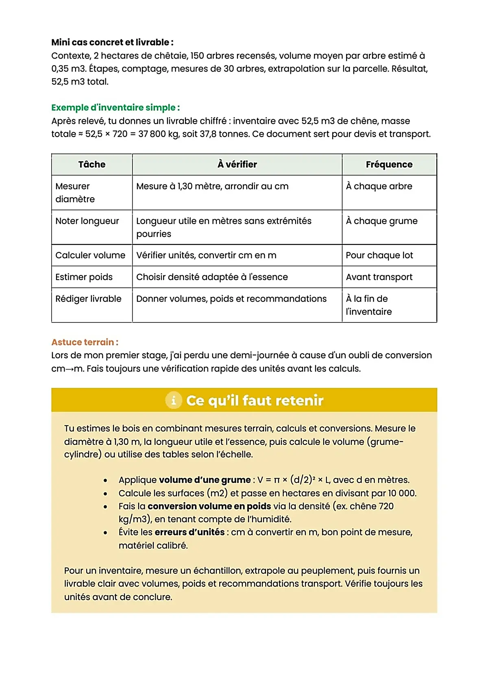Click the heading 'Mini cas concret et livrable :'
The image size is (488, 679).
(112, 42)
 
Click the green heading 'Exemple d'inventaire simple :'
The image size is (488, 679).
(115, 108)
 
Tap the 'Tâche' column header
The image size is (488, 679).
(92, 164)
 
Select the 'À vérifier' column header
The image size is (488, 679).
(237, 164)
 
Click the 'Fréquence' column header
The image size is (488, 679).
(389, 164)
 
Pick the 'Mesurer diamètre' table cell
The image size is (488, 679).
(75, 193)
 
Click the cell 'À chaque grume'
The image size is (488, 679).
(381, 221)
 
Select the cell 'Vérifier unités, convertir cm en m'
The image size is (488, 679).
(206, 255)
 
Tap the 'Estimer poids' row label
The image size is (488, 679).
(84, 277)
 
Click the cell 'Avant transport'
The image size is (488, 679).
(379, 277)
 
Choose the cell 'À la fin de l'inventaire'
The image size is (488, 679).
(368, 305)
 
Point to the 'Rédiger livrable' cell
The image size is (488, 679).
(88, 299)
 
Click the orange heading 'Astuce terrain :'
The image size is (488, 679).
(85, 342)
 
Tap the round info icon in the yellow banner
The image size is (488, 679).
(174, 400)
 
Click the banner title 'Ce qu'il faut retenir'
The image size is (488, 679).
(255, 400)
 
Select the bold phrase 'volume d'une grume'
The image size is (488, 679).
(205, 480)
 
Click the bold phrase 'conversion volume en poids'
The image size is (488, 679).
(209, 506)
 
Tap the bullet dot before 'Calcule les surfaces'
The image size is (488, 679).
(105, 494)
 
